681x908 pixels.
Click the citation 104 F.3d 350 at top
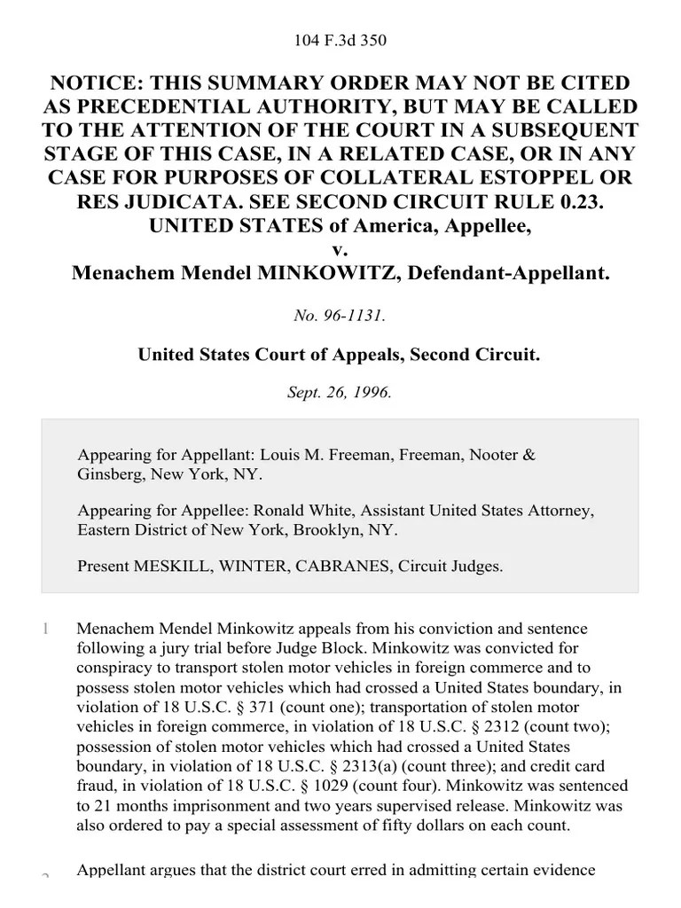(x=340, y=40)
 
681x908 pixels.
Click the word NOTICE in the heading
(x=98, y=83)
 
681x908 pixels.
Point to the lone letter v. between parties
(x=340, y=249)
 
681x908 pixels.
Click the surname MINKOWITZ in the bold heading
(x=315, y=273)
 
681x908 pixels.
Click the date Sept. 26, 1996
(x=340, y=391)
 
